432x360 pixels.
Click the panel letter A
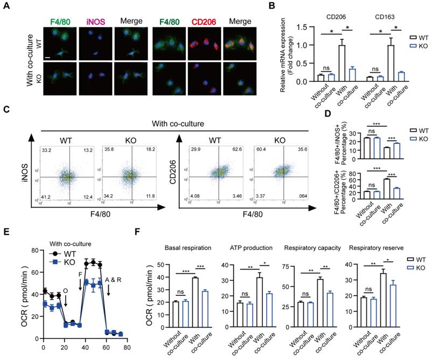point(6,6)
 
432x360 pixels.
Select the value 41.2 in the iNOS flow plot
point(46,198)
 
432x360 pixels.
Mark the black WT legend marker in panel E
point(55,253)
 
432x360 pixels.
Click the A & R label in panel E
point(115,281)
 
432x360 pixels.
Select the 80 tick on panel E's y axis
point(36,250)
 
